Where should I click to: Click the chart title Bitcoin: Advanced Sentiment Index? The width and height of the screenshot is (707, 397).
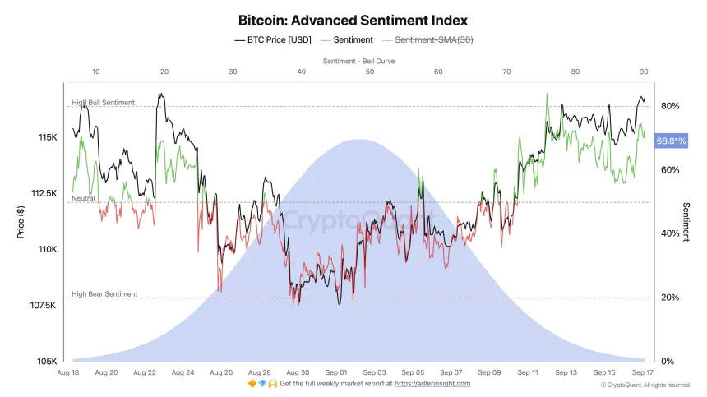pyautogui.click(x=353, y=20)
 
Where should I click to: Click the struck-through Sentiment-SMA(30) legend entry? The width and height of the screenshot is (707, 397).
pyautogui.click(x=433, y=39)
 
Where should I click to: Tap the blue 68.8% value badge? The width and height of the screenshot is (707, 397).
pyautogui.click(x=672, y=141)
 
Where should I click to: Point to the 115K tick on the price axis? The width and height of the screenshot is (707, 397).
pyautogui.click(x=47, y=136)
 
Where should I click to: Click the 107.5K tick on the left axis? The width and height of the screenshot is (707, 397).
pyautogui.click(x=43, y=306)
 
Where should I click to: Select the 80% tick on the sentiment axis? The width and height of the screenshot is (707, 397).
pyautogui.click(x=669, y=106)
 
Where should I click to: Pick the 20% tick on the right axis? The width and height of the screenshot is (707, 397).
pyautogui.click(x=669, y=298)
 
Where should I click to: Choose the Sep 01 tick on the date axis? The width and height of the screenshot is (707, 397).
pyautogui.click(x=337, y=372)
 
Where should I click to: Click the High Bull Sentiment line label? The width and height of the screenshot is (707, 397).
pyautogui.click(x=103, y=103)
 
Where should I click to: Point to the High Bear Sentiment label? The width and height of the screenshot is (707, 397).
pyautogui.click(x=104, y=293)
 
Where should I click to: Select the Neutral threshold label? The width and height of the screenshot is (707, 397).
pyautogui.click(x=83, y=198)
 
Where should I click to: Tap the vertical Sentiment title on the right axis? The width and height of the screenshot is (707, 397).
pyautogui.click(x=686, y=222)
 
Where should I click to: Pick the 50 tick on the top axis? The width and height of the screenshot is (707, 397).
pyautogui.click(x=370, y=72)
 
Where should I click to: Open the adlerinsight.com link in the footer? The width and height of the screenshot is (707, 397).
pyautogui.click(x=434, y=384)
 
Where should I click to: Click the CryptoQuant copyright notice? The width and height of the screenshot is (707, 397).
pyautogui.click(x=645, y=385)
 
